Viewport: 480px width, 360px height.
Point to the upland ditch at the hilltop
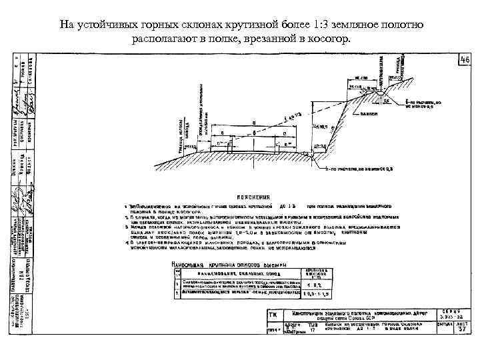click(383, 96)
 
